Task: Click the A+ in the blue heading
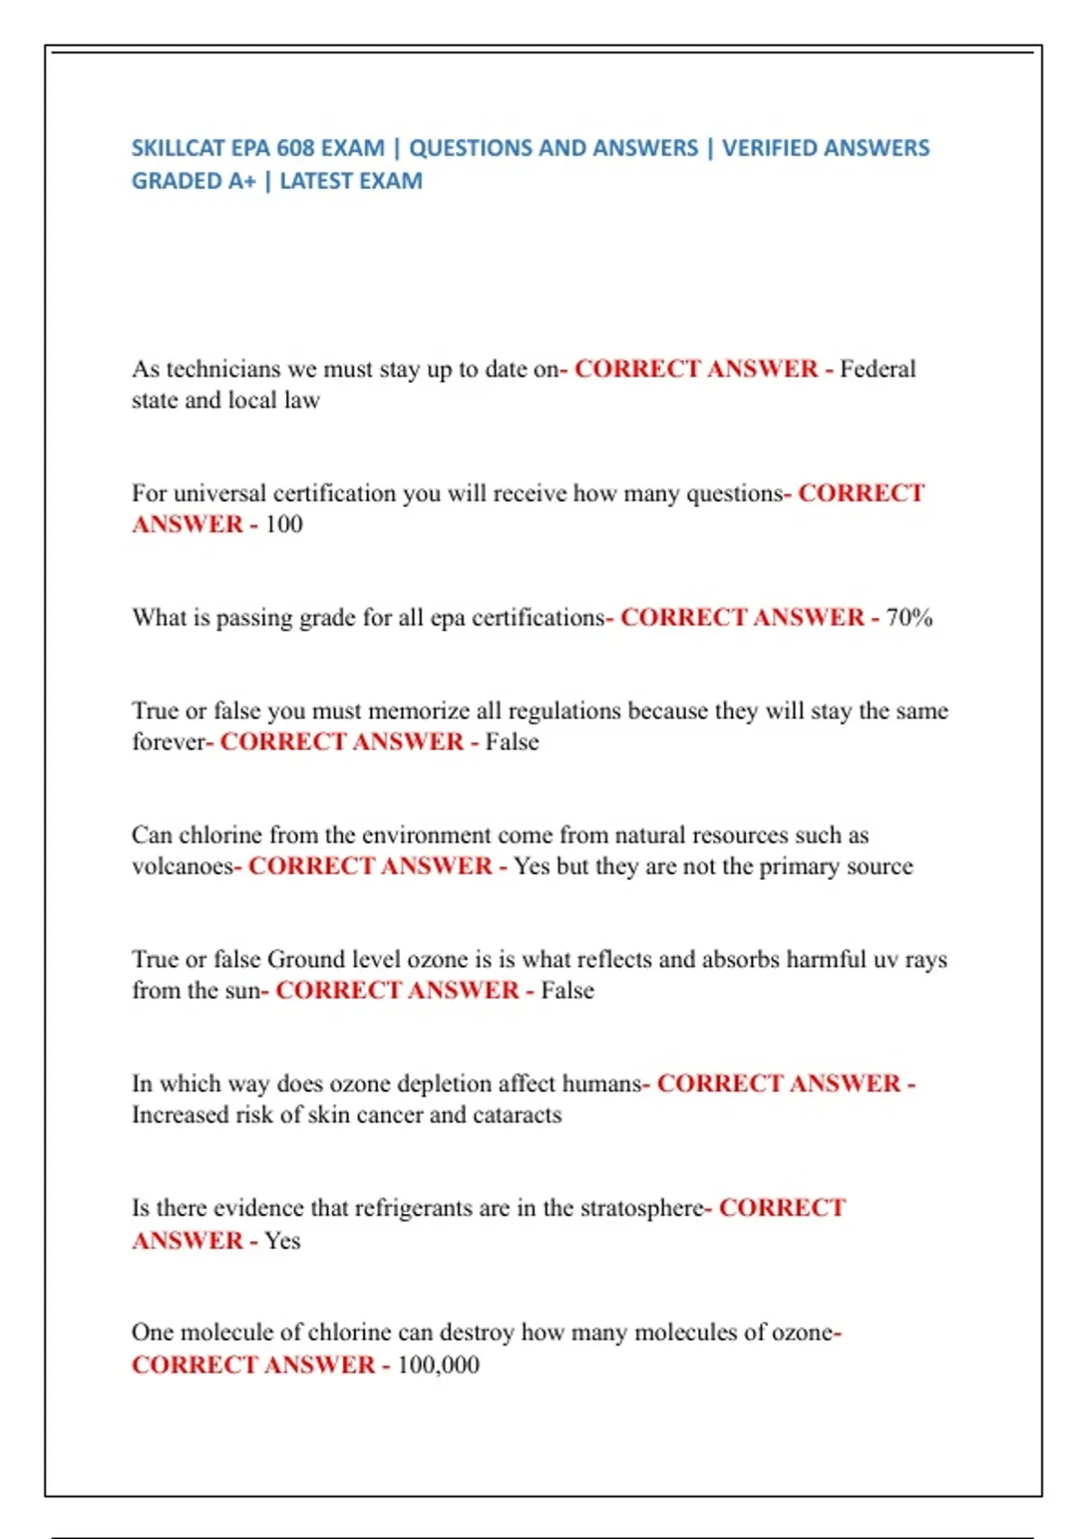pyautogui.click(x=242, y=181)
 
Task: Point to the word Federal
pyautogui.click(x=878, y=369)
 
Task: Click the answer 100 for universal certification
pyautogui.click(x=283, y=524)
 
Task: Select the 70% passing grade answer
pyautogui.click(x=910, y=617)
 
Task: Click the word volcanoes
pyautogui.click(x=182, y=866)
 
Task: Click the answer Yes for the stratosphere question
pyautogui.click(x=282, y=1240)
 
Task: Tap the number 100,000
pyautogui.click(x=439, y=1364)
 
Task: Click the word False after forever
pyautogui.click(x=512, y=742)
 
